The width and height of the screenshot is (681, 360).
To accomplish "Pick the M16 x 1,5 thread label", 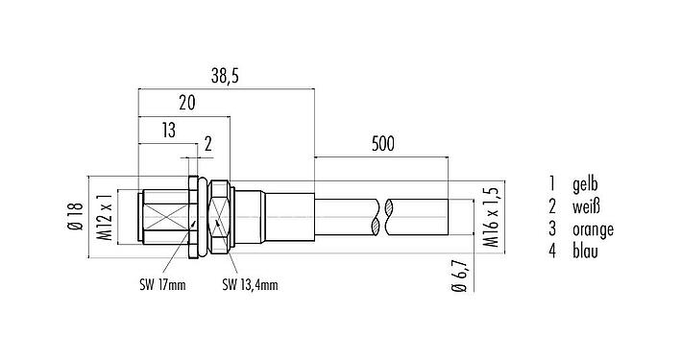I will [x=491, y=219].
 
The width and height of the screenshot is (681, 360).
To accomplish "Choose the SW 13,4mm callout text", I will [x=251, y=283].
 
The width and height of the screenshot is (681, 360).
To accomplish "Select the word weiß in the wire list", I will [x=588, y=205].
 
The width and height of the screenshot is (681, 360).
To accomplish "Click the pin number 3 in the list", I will [x=552, y=228].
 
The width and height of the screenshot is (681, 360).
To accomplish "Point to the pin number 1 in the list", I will [x=552, y=183].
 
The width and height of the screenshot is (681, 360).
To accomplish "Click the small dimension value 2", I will [x=207, y=145].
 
